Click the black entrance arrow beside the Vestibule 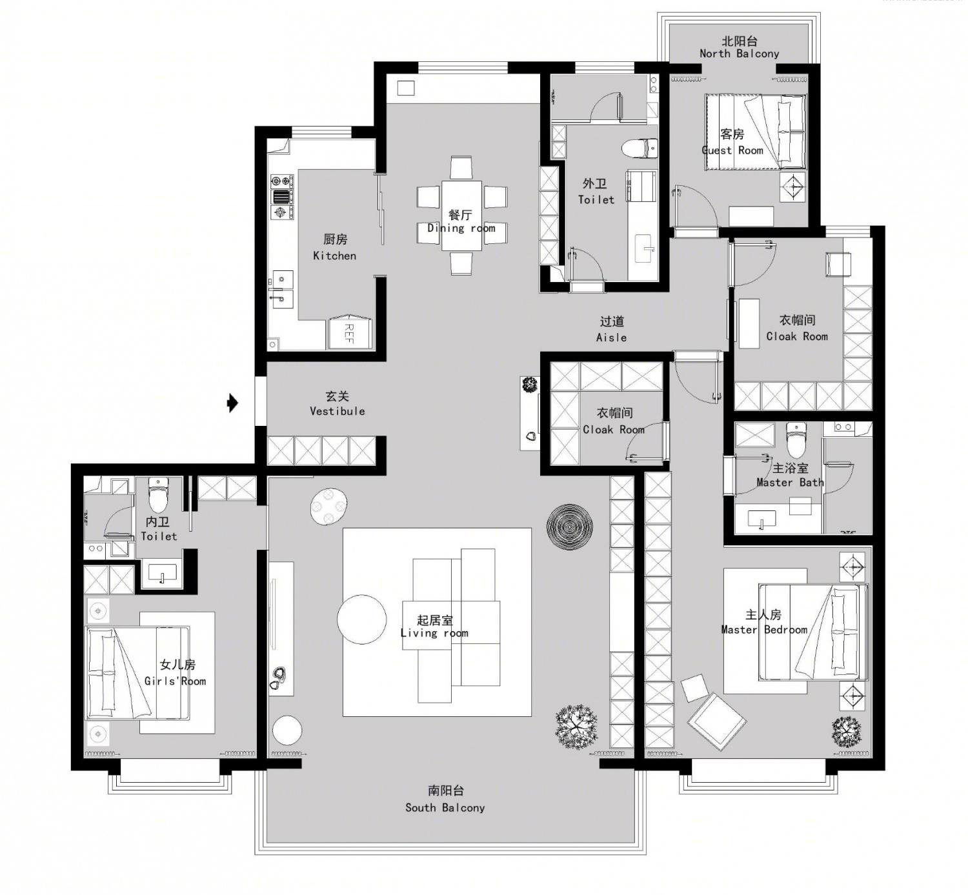232,403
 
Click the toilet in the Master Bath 796,440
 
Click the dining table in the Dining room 461,216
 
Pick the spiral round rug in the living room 570,527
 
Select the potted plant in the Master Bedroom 847,731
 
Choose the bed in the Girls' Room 138,673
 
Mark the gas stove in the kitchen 282,197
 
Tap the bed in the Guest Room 756,132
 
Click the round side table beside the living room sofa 361,619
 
